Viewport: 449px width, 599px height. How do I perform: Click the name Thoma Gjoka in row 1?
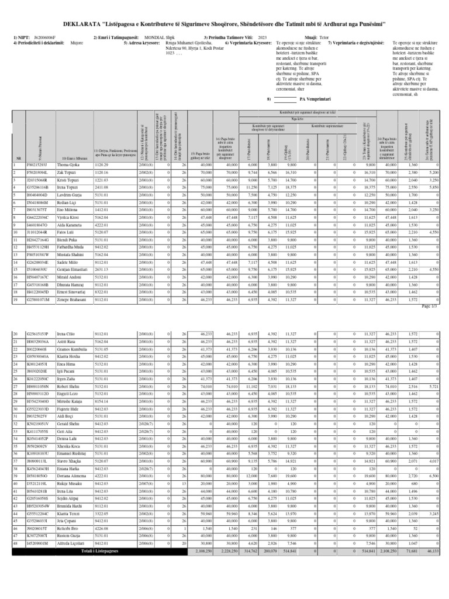[71, 165]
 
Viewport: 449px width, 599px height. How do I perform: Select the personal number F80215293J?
[36, 165]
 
